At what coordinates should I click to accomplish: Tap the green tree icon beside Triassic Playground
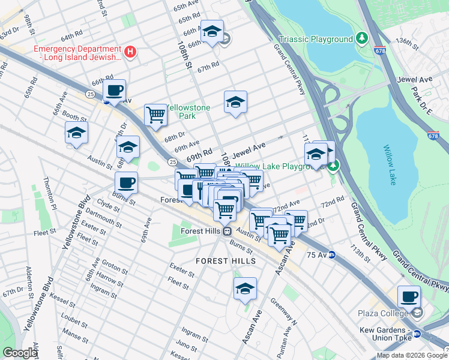tap(361, 39)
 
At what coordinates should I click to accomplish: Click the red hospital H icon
tap(128, 52)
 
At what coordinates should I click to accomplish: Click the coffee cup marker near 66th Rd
tap(114, 91)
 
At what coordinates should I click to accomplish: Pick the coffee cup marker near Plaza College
tap(409, 296)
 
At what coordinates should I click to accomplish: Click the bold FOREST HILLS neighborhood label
tap(226, 261)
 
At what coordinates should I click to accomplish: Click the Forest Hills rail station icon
tap(227, 231)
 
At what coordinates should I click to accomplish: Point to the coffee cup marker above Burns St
tap(126, 182)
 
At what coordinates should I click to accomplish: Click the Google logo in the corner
tap(20, 353)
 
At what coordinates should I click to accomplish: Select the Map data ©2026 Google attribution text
tap(411, 355)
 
